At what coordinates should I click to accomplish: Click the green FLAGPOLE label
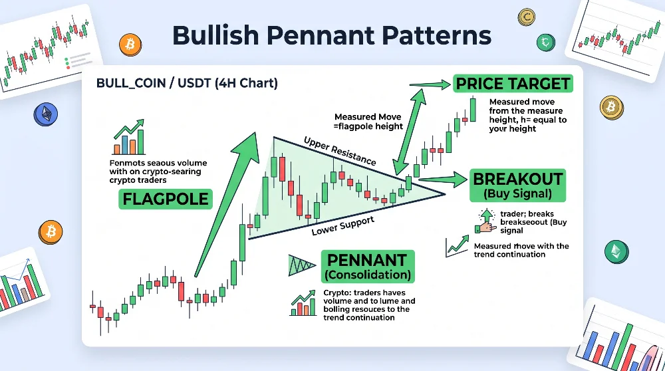click(x=166, y=199)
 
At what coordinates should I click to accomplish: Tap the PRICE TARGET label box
click(x=513, y=84)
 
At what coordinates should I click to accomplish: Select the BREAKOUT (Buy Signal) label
click(x=518, y=185)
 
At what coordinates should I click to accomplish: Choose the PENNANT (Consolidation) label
click(x=368, y=266)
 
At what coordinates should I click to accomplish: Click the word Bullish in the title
click(x=215, y=35)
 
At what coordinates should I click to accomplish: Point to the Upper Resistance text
click(x=340, y=151)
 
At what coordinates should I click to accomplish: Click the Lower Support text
click(x=343, y=226)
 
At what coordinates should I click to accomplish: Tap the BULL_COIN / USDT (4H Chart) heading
click(x=187, y=82)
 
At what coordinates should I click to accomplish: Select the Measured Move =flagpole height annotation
click(x=368, y=121)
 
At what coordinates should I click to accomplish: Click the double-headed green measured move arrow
click(x=409, y=132)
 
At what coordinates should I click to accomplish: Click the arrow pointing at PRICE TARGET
click(x=430, y=85)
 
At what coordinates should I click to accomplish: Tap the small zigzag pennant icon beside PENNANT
click(x=301, y=265)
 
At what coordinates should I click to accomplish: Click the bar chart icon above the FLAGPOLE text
click(x=129, y=137)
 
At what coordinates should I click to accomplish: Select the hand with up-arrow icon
click(x=486, y=221)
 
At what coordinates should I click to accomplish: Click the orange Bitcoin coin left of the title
click(x=130, y=45)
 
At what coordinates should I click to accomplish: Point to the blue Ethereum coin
click(x=46, y=114)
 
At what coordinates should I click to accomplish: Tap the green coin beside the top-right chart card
click(x=545, y=42)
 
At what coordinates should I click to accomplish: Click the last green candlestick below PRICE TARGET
click(x=473, y=110)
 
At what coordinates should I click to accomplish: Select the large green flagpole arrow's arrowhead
click(x=247, y=146)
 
